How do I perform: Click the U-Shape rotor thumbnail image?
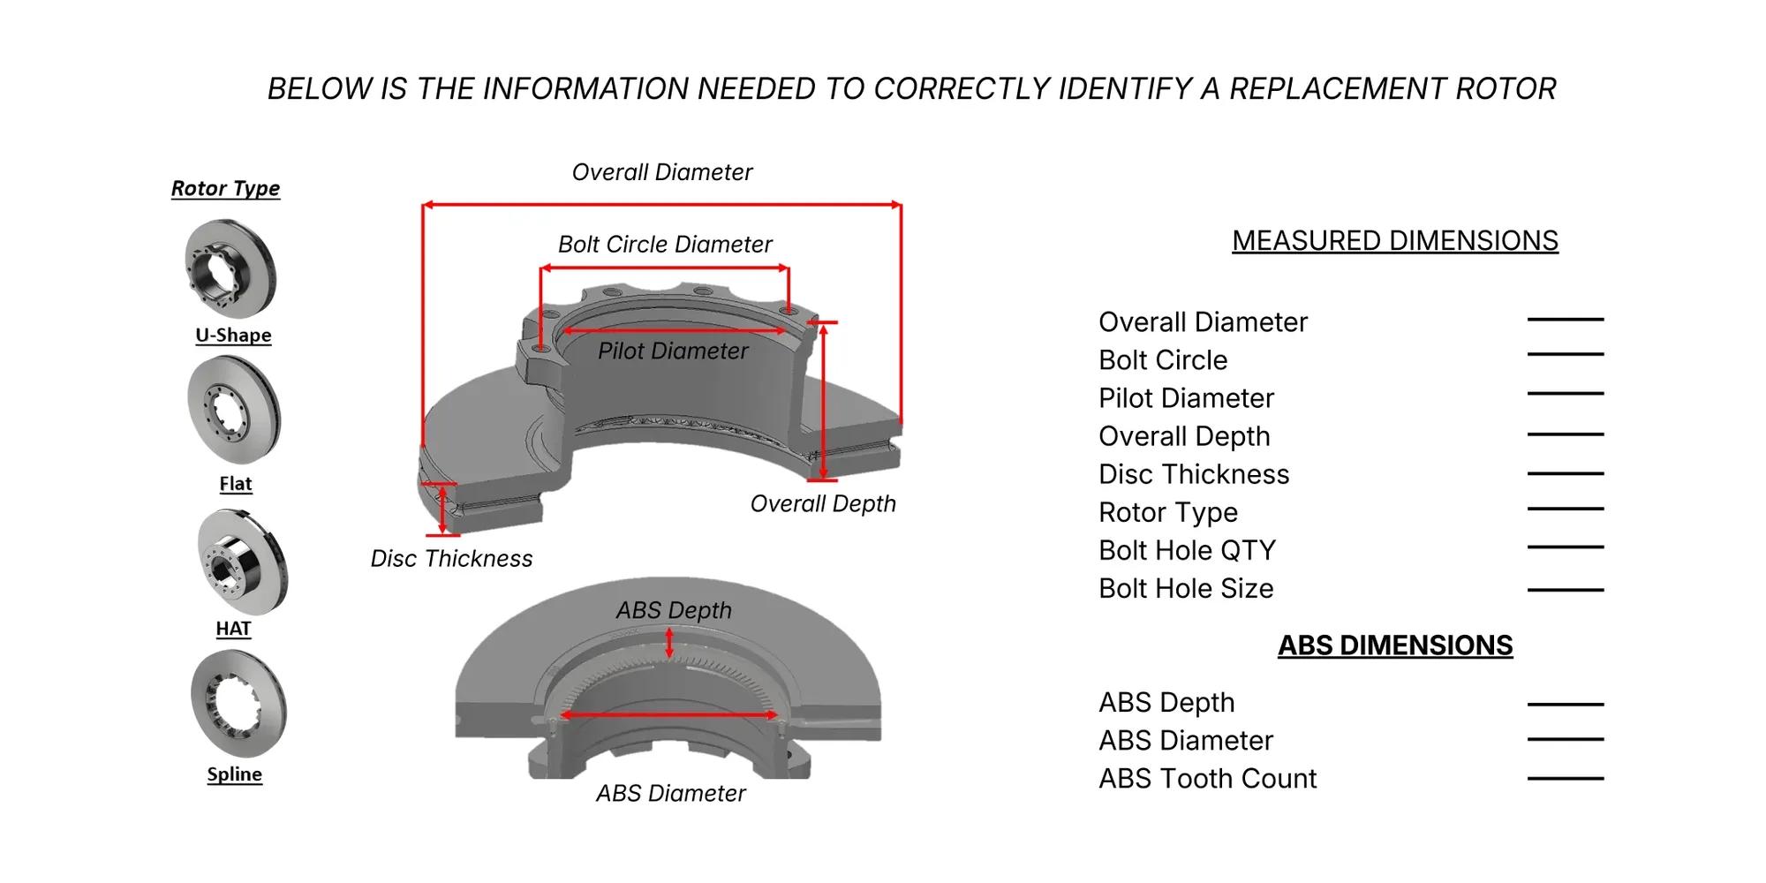coord(230,268)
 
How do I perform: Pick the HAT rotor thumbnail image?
coord(242,562)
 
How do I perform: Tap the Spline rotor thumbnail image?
coord(238,704)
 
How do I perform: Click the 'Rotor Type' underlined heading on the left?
coord(225,188)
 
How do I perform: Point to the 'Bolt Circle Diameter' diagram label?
coord(665,245)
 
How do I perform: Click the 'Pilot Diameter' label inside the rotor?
coord(673,351)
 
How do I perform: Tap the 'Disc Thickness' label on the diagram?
coord(451,559)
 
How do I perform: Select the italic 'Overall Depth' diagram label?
coord(823,504)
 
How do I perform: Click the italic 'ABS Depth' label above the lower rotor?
coord(674,610)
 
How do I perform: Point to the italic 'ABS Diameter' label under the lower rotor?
coord(671,794)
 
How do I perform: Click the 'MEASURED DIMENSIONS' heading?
coord(1395,241)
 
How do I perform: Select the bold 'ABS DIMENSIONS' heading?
coord(1395,645)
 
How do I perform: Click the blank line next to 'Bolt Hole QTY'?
coord(1566,547)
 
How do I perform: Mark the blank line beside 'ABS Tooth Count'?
coord(1566,779)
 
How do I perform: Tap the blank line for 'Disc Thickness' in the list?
coord(1566,474)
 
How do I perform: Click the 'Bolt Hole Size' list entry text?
coord(1186,589)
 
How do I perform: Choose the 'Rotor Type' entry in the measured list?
coord(1168,513)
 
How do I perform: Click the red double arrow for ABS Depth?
coord(669,642)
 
